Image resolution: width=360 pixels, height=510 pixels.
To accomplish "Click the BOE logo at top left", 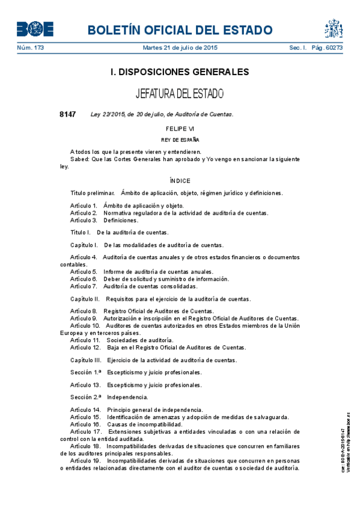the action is [x=35, y=29].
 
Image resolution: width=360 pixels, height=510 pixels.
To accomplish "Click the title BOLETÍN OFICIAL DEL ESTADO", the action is [x=180, y=31].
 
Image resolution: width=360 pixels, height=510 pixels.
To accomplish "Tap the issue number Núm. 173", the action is [x=30, y=48].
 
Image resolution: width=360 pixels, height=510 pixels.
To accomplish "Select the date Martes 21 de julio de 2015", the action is [x=180, y=48].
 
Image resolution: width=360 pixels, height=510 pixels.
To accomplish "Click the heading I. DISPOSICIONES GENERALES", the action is [x=180, y=72].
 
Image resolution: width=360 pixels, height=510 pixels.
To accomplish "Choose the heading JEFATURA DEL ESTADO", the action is [x=180, y=94].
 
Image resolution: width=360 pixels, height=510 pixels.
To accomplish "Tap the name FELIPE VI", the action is [x=180, y=129].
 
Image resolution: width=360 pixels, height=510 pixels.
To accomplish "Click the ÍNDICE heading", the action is [x=180, y=180].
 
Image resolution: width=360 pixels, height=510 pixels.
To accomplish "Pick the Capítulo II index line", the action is [x=160, y=299].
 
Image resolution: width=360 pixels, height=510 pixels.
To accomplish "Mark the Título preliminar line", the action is [x=176, y=193].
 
